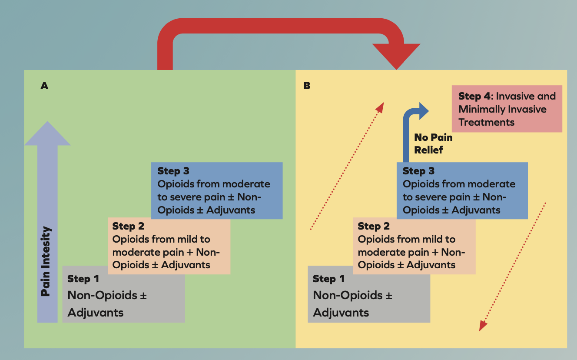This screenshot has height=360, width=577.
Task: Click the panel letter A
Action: click(44, 86)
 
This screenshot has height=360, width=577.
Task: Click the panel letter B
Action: click(307, 86)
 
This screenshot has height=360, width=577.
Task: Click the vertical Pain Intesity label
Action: click(46, 261)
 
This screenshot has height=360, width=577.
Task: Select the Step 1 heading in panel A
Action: click(85, 279)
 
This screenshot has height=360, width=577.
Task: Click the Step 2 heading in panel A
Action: click(128, 226)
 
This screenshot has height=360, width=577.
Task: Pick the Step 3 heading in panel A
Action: click(173, 171)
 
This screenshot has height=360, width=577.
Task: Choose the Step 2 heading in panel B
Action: click(374, 226)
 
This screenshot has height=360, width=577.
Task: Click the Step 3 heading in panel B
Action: click(418, 171)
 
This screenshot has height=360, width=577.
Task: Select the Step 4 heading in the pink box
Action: click(475, 97)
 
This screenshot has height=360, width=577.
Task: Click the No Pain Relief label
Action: click(433, 143)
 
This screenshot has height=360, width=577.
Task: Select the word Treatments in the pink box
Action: click(487, 122)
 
